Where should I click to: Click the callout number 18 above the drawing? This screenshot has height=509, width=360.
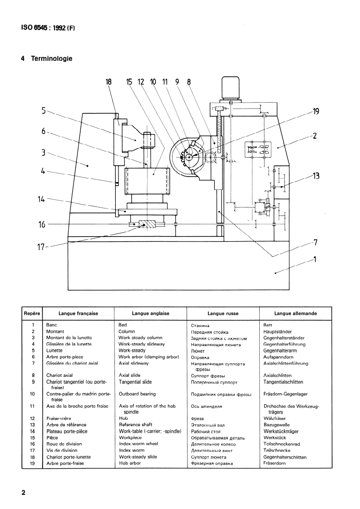tap(108, 82)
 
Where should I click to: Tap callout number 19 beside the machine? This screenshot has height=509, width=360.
tap(316, 112)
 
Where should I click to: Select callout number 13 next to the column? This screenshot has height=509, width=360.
tap(316, 176)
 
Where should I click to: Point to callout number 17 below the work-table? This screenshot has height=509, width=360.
tap(40, 247)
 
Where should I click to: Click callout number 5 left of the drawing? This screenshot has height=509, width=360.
tap(44, 111)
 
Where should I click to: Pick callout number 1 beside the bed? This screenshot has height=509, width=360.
tap(315, 259)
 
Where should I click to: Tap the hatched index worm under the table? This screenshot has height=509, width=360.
tap(147, 224)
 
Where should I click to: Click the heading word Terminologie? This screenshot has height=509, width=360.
tap(52, 59)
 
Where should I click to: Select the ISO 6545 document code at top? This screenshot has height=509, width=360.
tap(48, 28)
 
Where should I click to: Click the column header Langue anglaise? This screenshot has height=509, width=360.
tap(151, 314)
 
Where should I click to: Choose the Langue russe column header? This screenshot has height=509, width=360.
tap(223, 314)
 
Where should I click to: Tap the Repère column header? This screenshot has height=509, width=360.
tap(32, 314)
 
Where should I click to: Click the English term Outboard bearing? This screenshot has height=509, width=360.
tap(137, 394)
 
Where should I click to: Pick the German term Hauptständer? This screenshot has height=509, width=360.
tap(277, 332)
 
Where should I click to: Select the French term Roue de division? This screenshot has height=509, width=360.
tap(64, 444)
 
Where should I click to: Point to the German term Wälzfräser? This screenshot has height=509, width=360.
tap(275, 419)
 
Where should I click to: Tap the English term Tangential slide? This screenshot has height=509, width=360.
tap(135, 382)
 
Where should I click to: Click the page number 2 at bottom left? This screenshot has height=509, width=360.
tap(23, 493)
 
